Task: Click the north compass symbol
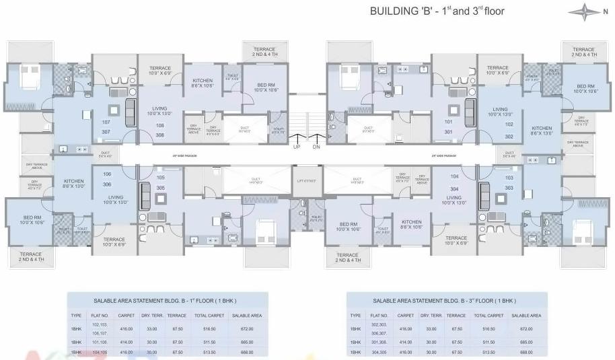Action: (583, 11)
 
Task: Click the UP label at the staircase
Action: (297, 146)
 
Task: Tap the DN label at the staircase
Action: (316, 146)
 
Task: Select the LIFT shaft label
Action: (307, 180)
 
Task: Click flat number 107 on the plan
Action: (106, 122)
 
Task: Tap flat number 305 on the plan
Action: (160, 188)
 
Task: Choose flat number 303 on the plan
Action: (509, 188)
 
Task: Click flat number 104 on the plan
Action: (454, 176)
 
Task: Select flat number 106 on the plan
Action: (106, 174)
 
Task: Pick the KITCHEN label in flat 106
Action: (73, 181)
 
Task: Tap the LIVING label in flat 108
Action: (159, 108)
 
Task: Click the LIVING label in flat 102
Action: (500, 109)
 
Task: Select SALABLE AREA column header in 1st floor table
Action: (246, 315)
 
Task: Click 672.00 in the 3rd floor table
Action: (526, 328)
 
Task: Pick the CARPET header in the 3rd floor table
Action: (405, 315)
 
